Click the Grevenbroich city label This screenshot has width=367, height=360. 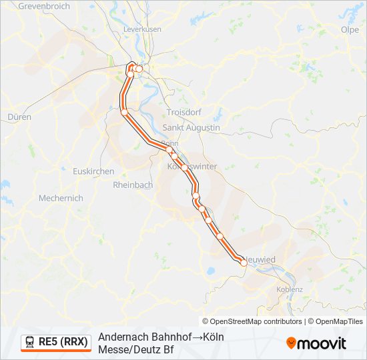point(43,6)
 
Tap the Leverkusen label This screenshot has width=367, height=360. point(143,30)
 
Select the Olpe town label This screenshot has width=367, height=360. point(350,29)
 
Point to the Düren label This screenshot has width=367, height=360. point(19,116)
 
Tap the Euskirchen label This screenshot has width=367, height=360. point(94,171)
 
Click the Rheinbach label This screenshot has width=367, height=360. point(133,185)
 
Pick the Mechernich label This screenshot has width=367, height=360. point(61,198)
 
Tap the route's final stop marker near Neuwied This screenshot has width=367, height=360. point(244,263)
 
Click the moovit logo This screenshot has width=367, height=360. point(316,343)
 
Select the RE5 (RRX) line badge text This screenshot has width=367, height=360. point(63,342)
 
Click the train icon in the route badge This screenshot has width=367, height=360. point(30,342)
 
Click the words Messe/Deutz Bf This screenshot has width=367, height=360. point(135,349)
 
